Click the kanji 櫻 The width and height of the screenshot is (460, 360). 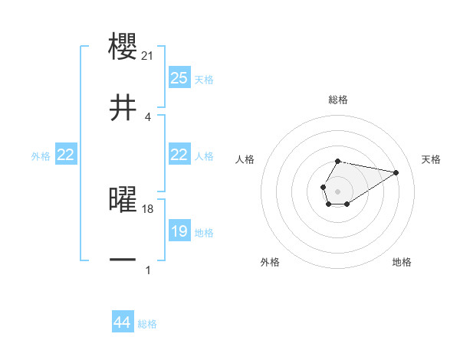pyautogui.click(x=124, y=44)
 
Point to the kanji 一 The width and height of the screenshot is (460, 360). pyautogui.click(x=124, y=260)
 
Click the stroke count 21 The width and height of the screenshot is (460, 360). pyautogui.click(x=149, y=55)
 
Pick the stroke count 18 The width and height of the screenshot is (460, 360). pyautogui.click(x=149, y=209)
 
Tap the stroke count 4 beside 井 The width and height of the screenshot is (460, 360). pyautogui.click(x=147, y=117)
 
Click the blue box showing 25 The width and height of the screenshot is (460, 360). pyautogui.click(x=179, y=77)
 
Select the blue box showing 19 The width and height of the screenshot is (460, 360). pyautogui.click(x=179, y=231)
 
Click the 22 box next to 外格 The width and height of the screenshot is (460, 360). pyautogui.click(x=66, y=155)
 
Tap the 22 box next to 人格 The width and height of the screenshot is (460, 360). pyautogui.click(x=179, y=155)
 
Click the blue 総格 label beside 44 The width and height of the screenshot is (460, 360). pyautogui.click(x=147, y=324)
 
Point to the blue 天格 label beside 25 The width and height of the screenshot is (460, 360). pyautogui.click(x=204, y=79)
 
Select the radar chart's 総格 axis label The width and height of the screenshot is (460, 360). pyautogui.click(x=338, y=100)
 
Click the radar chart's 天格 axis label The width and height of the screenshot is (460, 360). pyautogui.click(x=432, y=159)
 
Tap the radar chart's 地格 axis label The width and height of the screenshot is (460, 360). pyautogui.click(x=402, y=262)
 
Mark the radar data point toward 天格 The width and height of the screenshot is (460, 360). pyautogui.click(x=396, y=172)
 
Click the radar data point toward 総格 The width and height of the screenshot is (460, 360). pyautogui.click(x=338, y=162)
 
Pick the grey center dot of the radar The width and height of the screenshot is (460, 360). pyautogui.click(x=338, y=190)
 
